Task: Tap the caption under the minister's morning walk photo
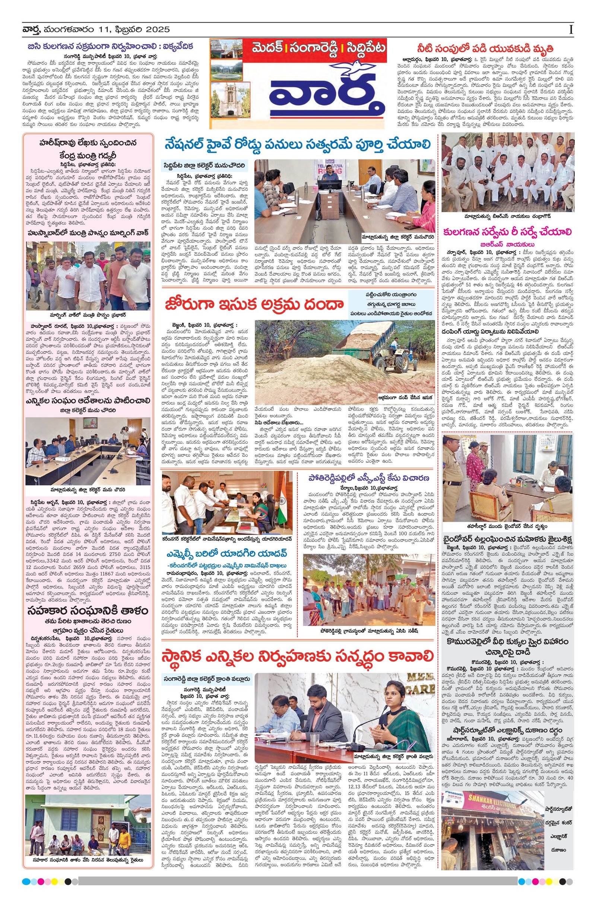pyautogui.click(x=88, y=315)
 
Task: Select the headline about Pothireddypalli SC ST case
pyautogui.click(x=369, y=479)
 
